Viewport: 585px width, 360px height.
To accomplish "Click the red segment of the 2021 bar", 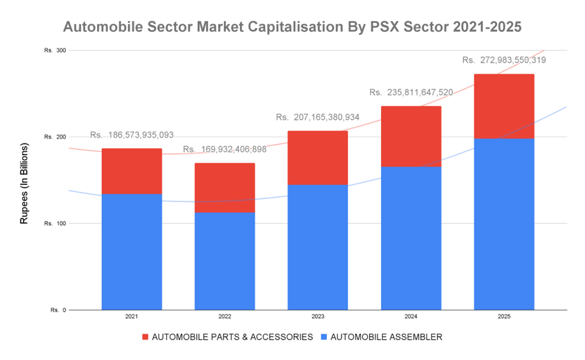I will point(131,171).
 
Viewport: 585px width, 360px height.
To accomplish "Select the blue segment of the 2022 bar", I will point(224,261).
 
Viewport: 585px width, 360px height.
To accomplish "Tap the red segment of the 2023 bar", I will point(317,157).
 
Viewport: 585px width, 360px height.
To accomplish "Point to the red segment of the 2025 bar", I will point(504,106).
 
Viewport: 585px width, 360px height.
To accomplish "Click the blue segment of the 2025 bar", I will point(504,224).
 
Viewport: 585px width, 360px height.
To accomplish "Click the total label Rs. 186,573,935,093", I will point(132,135).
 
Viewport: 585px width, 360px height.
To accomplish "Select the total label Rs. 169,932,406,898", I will point(224,149).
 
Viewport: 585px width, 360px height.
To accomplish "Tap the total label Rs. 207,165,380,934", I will point(317,118).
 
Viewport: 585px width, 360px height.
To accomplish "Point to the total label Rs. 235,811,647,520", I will point(411,92).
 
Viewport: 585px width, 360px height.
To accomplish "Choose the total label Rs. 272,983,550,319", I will point(504,60).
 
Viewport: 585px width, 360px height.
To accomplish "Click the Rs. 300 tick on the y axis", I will point(55,50).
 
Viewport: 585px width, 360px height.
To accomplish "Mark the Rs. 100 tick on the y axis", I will point(55,224).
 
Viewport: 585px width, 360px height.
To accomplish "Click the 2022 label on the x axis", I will point(224,316).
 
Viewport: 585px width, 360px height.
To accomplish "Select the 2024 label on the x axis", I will point(411,316).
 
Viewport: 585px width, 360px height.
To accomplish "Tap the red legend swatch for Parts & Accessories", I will point(145,337).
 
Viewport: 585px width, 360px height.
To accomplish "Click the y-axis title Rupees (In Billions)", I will point(24,184).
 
